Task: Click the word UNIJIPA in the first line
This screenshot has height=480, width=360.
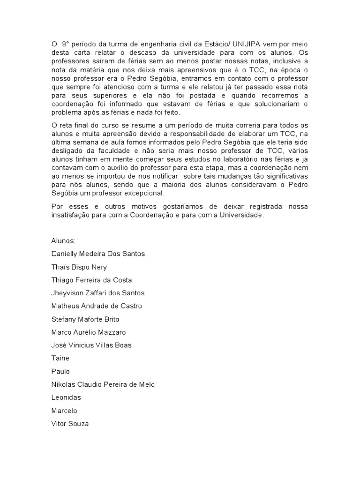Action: (247, 44)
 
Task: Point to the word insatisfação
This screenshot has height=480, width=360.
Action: (71, 215)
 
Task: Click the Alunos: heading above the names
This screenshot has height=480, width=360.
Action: (63, 240)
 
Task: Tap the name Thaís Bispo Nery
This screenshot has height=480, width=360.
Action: (79, 267)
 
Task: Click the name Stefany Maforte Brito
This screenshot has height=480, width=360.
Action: (85, 319)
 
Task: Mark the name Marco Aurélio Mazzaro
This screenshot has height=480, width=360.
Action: (89, 332)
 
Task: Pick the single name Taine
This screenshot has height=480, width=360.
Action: (60, 358)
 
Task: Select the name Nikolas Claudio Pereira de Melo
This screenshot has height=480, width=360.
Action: (103, 384)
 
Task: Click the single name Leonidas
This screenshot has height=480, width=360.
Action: (66, 397)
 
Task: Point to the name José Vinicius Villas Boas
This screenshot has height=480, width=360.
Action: (91, 345)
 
